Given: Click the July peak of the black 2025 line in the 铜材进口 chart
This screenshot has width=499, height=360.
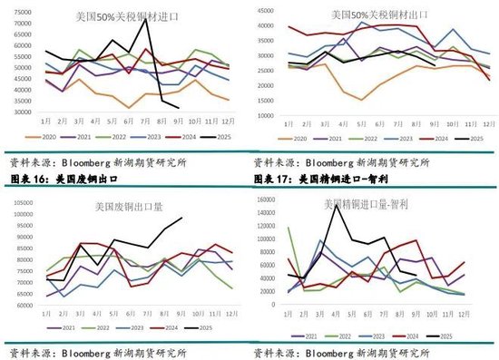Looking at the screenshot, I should pyautogui.click(x=144, y=19).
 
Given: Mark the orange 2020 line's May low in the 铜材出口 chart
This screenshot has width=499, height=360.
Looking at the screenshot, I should pyautogui.click(x=362, y=100).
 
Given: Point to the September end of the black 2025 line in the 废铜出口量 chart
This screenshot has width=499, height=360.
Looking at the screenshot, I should pyautogui.click(x=183, y=217).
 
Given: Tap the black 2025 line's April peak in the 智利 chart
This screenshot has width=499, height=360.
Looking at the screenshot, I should pyautogui.click(x=338, y=205).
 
